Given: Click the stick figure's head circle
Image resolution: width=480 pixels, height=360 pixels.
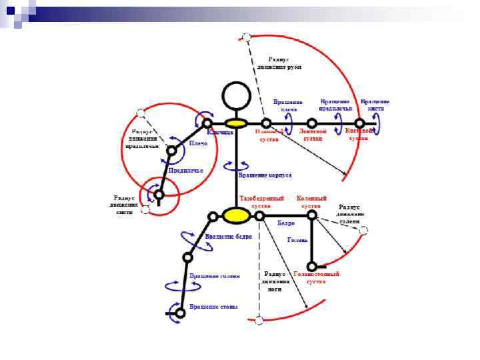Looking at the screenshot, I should click(236, 95).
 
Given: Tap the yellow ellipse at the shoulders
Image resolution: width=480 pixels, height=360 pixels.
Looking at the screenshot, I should click(236, 123).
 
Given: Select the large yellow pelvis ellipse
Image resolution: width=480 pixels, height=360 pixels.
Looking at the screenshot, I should click(235, 215).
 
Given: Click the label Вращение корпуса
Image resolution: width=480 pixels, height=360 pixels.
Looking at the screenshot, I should click(265, 175).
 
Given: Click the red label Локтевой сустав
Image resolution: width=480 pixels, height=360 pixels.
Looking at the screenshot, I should click(313, 135).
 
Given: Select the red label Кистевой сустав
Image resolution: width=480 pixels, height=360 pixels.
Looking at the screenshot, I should click(359, 135).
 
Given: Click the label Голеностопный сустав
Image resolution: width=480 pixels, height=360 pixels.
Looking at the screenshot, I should click(316, 277).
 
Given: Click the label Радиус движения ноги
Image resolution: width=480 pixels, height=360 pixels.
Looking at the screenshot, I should click(275, 281).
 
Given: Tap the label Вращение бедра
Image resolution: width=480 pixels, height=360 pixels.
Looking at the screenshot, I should click(228, 237).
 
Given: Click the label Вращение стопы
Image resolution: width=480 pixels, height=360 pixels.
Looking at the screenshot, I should click(213, 307).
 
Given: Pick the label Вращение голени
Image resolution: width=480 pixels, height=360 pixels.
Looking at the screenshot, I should click(214, 275).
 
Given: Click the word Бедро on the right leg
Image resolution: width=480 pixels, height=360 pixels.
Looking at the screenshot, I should click(286, 223).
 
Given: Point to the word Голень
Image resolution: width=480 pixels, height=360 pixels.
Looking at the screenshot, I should click(297, 239).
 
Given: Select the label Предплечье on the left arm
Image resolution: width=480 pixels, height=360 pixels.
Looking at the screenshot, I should click(185, 171).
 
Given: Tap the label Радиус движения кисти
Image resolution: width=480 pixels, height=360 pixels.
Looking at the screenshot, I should click(125, 205).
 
